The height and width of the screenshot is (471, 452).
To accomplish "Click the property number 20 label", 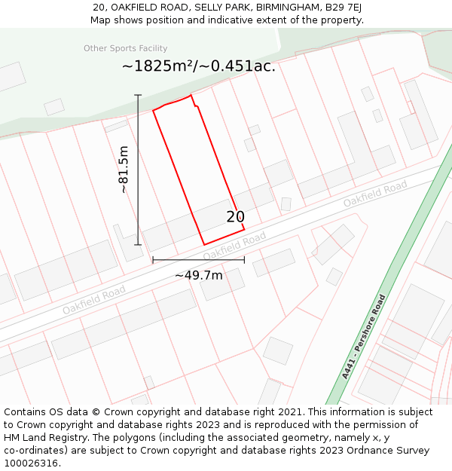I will click(235, 217).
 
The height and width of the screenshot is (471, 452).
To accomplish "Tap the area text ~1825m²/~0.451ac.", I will click(199, 66).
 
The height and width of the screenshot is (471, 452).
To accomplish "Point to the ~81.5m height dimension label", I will click(124, 170).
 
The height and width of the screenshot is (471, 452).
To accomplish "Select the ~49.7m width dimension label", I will click(199, 275).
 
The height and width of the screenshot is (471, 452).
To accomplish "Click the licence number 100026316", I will click(32, 463).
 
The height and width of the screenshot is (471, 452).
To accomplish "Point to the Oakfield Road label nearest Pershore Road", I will click(375, 195).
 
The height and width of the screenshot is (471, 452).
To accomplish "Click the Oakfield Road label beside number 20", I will click(234, 244).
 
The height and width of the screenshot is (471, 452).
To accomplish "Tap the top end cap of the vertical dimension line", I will click(138, 95).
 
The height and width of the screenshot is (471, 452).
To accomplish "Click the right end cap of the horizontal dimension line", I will click(244, 260).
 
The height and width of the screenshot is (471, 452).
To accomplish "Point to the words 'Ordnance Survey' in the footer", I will click(389, 451).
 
